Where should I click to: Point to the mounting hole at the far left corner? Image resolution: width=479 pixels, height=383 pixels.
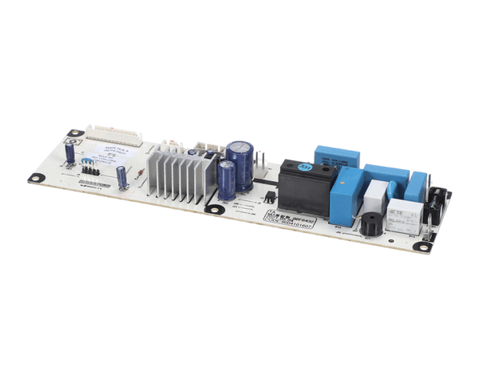tap(35, 177)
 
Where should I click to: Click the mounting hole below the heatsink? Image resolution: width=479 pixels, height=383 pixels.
tap(214, 209)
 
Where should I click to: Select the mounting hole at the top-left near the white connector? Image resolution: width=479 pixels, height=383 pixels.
tap(74, 133)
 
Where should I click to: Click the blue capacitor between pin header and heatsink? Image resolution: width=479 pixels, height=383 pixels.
tap(122, 176)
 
